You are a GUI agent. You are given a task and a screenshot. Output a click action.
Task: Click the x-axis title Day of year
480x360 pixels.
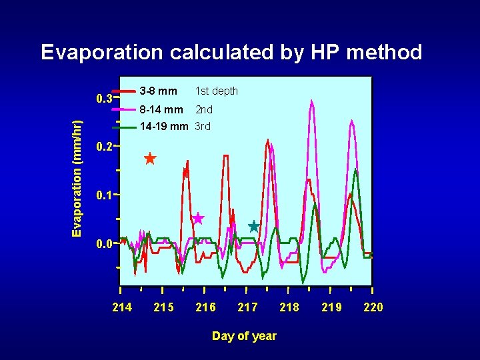[244, 336]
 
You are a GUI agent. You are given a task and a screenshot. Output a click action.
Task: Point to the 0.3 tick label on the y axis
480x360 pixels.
[103, 99]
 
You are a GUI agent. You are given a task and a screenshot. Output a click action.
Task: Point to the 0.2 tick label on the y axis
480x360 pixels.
[103, 147]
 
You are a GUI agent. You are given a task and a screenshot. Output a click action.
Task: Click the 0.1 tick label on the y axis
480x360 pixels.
[103, 196]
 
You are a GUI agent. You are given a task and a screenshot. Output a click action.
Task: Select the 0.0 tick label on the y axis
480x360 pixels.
[103, 244]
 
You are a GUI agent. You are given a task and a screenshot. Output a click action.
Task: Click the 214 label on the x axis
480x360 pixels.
[122, 307]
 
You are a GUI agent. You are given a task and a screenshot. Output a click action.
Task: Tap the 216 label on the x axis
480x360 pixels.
[205, 307]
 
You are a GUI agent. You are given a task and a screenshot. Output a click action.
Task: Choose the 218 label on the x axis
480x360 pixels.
[289, 307]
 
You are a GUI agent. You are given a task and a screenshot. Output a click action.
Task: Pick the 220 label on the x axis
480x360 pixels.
[373, 307]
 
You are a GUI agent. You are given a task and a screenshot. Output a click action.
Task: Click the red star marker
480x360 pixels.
[150, 159]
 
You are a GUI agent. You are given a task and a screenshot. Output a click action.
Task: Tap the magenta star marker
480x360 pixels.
[198, 219]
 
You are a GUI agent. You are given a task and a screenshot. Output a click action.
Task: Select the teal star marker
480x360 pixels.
[253, 227]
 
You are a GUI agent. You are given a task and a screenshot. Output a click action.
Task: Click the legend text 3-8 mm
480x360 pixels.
[159, 91]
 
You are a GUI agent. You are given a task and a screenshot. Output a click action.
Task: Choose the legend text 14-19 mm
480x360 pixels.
[163, 126]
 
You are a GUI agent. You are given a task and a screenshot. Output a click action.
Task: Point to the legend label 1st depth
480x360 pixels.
[216, 91]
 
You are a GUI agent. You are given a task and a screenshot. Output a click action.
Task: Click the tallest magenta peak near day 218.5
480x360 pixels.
[311, 101]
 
